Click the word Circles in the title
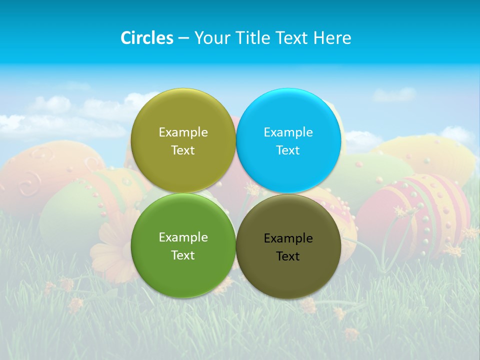[x=147, y=38]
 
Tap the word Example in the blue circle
[x=288, y=132]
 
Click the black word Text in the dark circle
[x=288, y=256]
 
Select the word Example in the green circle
[x=183, y=237]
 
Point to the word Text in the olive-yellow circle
[x=183, y=150]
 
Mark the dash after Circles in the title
[x=183, y=38]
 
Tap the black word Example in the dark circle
[x=288, y=238]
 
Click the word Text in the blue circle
[x=288, y=150]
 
